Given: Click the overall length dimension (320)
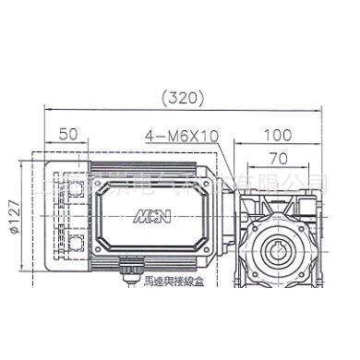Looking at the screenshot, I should click(x=181, y=94).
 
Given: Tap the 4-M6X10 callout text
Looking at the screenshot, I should click(x=181, y=135).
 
